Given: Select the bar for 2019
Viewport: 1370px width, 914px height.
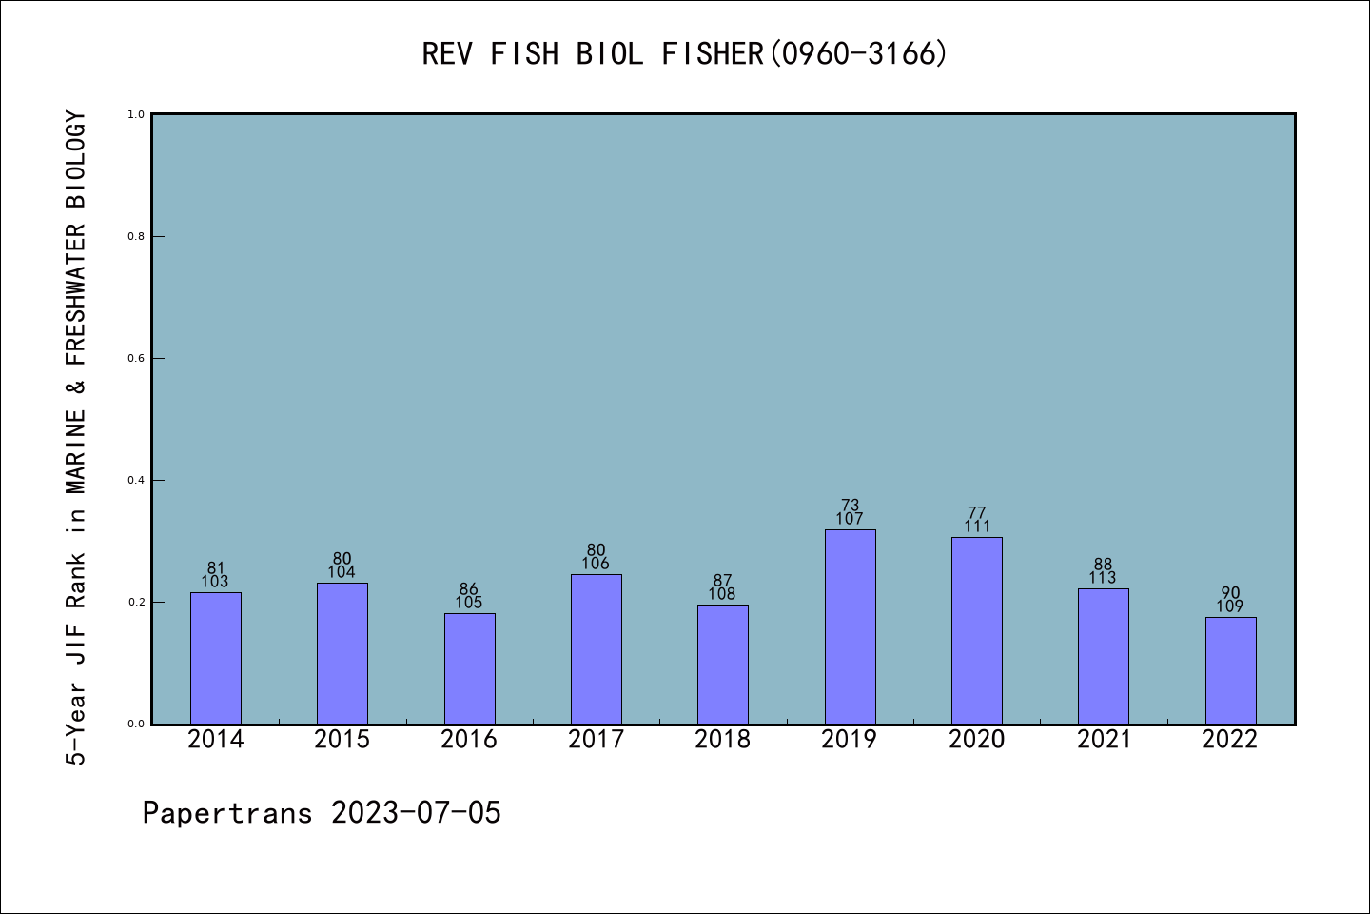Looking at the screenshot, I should click(x=850, y=626).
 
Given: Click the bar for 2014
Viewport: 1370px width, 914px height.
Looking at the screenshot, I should click(x=216, y=658).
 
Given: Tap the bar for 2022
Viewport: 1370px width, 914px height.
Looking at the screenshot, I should click(x=1230, y=670).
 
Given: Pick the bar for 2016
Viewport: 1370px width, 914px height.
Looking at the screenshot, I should click(x=469, y=668).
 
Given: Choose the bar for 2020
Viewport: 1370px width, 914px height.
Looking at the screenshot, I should click(x=976, y=630).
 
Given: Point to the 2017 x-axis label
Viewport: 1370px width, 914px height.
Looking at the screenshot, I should click(x=596, y=740).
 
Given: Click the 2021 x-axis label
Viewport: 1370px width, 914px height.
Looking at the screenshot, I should click(x=1104, y=740).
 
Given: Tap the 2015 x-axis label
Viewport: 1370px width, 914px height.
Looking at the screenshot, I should click(x=342, y=740).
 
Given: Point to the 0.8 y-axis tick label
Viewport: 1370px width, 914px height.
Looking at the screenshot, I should click(x=136, y=236).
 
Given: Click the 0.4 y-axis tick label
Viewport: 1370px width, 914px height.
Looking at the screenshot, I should click(x=136, y=480).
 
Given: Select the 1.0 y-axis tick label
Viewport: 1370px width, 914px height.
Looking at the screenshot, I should click(x=136, y=114).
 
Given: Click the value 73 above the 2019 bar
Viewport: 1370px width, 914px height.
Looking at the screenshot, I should click(x=850, y=506).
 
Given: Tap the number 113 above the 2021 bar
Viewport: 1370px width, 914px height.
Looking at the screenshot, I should click(x=1103, y=578).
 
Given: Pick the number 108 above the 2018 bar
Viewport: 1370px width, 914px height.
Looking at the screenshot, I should click(x=722, y=594).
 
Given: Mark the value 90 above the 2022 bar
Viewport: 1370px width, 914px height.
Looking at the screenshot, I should click(x=1230, y=593).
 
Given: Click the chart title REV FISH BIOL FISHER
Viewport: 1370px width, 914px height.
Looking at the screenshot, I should click(x=593, y=54).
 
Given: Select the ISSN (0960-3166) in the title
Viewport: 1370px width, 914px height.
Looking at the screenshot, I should click(x=858, y=54).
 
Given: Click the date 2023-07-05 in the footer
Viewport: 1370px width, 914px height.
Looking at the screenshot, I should click(x=416, y=813).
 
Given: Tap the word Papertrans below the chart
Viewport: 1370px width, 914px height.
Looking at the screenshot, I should click(x=227, y=813).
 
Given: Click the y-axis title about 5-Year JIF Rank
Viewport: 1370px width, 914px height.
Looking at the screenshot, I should click(x=76, y=438).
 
